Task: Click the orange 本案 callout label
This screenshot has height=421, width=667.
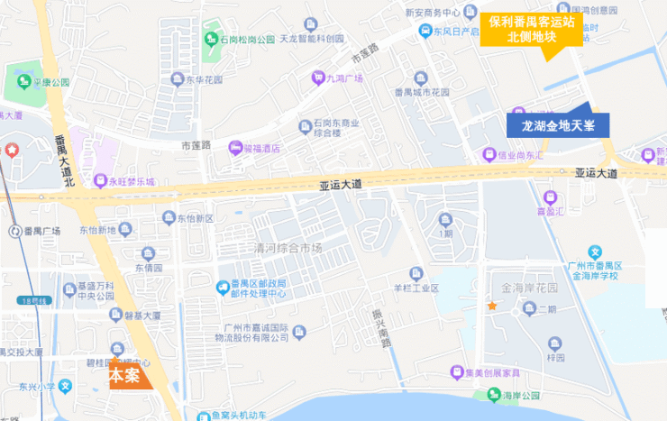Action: click(124, 376)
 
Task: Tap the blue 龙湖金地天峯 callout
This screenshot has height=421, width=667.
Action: click(558, 126)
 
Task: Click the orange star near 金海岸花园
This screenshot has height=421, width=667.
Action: click(492, 307)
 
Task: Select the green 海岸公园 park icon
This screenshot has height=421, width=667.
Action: click(491, 395)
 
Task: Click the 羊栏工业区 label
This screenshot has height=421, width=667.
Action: click(415, 288)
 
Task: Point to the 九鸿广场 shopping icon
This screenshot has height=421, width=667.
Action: click(317, 78)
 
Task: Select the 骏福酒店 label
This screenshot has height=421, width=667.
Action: click(261, 149)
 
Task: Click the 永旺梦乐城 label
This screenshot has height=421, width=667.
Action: click(132, 181)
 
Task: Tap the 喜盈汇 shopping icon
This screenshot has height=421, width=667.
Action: click(550, 196)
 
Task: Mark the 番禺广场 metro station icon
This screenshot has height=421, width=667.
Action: click(14, 232)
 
